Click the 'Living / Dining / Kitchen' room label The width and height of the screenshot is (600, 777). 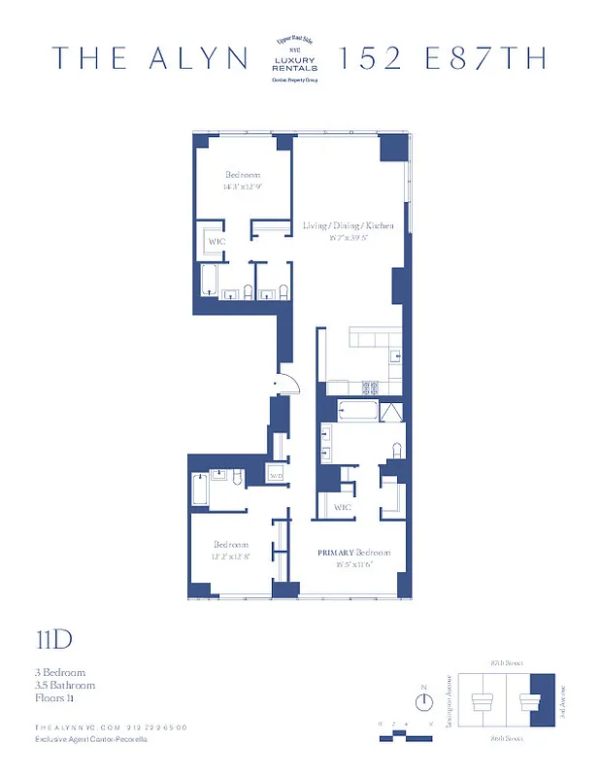coord(348,225)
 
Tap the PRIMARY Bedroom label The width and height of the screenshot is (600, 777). coord(355,551)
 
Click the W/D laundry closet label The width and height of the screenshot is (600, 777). coord(276,476)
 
